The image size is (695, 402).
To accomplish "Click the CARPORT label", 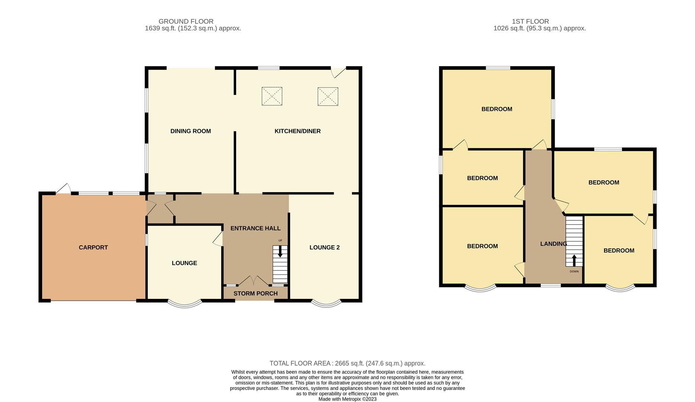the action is [x=93, y=248].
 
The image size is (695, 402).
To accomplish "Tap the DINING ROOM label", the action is [x=191, y=131].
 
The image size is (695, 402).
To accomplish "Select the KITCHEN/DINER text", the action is [x=298, y=131].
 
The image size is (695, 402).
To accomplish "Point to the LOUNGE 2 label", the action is [x=324, y=248].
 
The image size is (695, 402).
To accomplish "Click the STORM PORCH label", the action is [x=256, y=294].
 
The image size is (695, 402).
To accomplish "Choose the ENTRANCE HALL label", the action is [x=256, y=228].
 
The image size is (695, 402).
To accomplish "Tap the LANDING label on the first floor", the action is [x=553, y=244].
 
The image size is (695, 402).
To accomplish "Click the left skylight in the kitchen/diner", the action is [x=272, y=96].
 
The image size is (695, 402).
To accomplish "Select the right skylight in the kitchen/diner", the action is [x=328, y=97].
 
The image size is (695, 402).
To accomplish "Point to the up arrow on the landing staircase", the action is [x=574, y=260].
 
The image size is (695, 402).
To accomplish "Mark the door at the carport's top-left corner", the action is [x=63, y=189].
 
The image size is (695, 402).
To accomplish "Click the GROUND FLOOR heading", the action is [x=186, y=22].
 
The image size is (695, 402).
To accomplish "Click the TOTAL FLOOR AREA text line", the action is [x=347, y=363].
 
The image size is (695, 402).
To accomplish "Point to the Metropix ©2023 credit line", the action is [x=347, y=399].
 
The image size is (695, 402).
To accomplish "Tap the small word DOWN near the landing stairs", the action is [x=574, y=271].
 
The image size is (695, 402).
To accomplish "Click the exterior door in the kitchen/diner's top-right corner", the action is [x=338, y=72].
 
